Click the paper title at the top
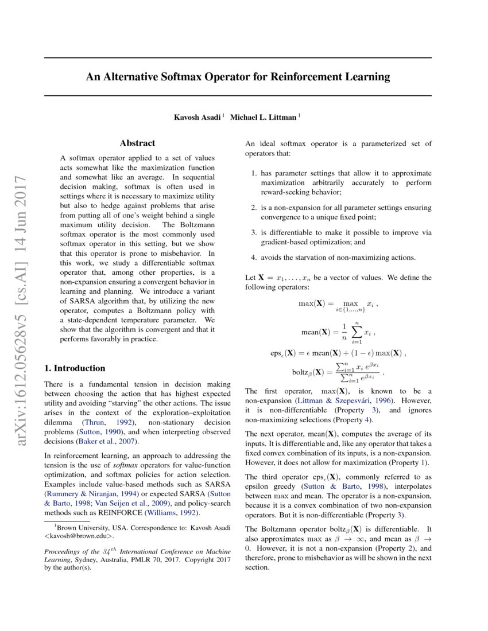238,76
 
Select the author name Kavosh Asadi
199,117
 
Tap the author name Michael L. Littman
264,117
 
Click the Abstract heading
137,143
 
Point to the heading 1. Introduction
75,368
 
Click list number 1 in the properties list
254,173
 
